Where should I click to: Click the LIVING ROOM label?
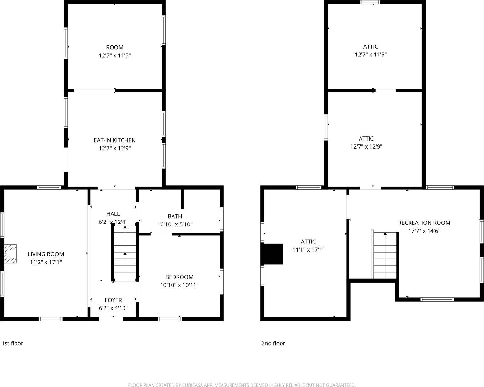[46, 254]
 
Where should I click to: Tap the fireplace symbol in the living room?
[10, 254]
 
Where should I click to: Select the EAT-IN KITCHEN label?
[114, 140]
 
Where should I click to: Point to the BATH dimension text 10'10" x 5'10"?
[175, 224]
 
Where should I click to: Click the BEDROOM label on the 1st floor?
[179, 277]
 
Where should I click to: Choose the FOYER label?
[113, 300]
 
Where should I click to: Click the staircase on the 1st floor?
[125, 253]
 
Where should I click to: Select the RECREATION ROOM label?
[424, 223]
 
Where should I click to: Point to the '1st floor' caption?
[13, 343]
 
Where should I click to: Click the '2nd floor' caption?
[273, 343]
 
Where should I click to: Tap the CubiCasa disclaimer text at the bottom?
[242, 385]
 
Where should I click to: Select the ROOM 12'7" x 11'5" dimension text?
[114, 55]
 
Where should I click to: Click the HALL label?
[113, 214]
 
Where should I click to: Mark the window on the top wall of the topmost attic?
[370, 2]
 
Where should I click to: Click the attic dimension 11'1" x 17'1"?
[308, 250]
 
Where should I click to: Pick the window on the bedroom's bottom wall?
[170, 319]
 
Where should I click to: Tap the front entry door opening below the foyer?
[111, 319]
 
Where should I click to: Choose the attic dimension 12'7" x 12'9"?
[366, 147]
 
